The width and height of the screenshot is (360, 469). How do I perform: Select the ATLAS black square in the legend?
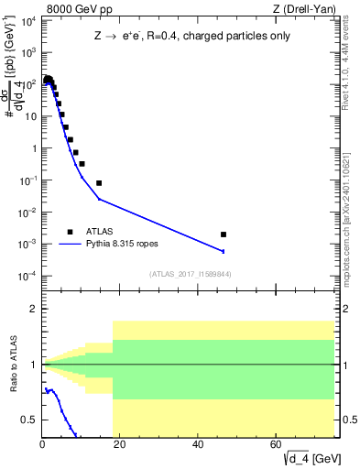coord(71,232)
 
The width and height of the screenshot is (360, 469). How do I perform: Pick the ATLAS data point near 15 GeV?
coord(99,183)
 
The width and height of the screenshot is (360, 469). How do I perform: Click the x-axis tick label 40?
coord(199,445)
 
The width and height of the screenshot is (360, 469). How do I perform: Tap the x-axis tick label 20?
coord(121,445)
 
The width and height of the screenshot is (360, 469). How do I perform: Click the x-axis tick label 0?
coord(42,445)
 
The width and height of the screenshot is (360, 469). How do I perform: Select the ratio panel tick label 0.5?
coord(30,420)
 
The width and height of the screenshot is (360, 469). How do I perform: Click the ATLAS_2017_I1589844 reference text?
coord(184,274)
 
